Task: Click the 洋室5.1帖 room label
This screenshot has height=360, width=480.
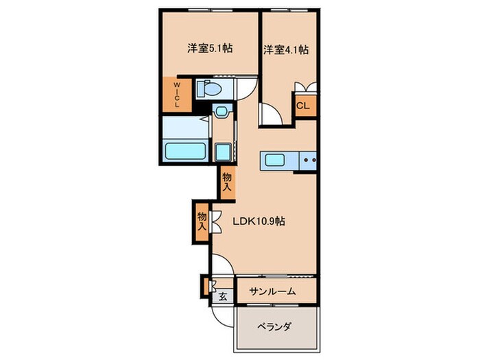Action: tap(211, 49)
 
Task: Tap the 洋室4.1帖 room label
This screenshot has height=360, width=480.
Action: tap(285, 49)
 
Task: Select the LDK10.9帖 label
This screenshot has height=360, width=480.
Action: tap(259, 221)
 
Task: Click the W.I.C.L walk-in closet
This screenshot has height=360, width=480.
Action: tap(176, 95)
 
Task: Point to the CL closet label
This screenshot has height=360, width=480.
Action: tap(302, 106)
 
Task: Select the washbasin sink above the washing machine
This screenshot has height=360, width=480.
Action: tap(221, 112)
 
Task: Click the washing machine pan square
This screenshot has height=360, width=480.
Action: tap(224, 152)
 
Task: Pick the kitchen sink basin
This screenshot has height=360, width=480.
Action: tap(278, 160)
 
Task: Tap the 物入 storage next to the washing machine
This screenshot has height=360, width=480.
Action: tap(227, 182)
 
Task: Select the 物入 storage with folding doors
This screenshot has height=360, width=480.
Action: tap(202, 221)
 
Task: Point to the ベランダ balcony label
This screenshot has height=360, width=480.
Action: tap(274, 326)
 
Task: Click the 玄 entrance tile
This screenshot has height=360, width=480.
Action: tap(223, 296)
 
